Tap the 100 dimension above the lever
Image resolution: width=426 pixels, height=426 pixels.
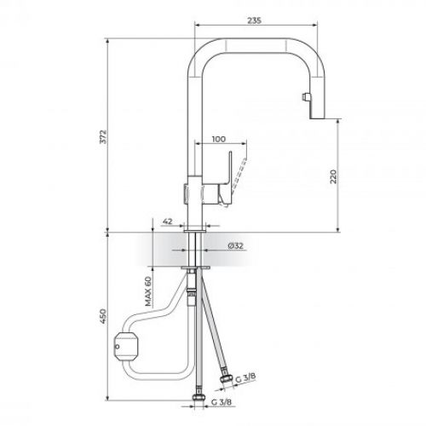tap(217, 137)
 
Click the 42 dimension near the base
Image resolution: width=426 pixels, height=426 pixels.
tap(168, 221)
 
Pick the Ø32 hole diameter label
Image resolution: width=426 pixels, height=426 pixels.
tap(236, 246)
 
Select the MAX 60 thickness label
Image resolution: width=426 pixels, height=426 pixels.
tap(147, 291)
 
